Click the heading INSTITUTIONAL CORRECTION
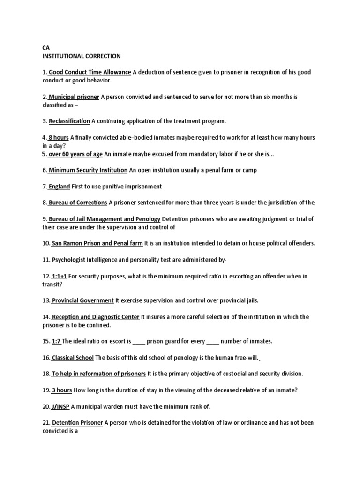[81, 56]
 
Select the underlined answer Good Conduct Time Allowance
[90, 72]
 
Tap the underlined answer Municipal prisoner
[74, 97]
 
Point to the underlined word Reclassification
[69, 121]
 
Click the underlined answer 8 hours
[59, 138]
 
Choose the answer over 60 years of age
[75, 154]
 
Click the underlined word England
[59, 187]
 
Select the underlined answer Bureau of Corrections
[77, 202]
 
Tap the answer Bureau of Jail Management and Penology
[104, 219]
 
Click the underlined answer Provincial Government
[82, 300]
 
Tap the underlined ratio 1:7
[56, 341]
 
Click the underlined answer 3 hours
[61, 390]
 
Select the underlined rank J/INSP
[60, 406]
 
